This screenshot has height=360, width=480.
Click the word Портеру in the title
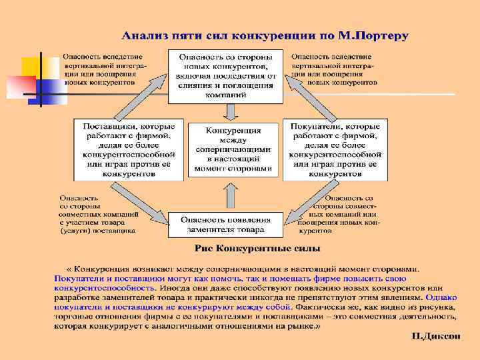pyautogui.click(x=382, y=35)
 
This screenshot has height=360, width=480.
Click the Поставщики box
pyautogui.click(x=128, y=149)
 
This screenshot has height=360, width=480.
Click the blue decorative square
pyautogui.click(x=50, y=91)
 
